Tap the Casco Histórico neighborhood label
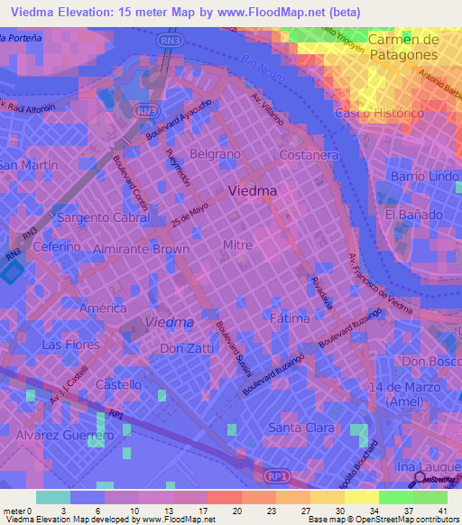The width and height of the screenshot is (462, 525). pyautogui.click(x=379, y=114)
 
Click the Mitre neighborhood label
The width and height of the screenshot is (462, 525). pyautogui.click(x=236, y=244)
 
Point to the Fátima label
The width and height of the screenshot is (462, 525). pyautogui.click(x=290, y=318)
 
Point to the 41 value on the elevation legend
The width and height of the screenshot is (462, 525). pyautogui.click(x=441, y=511)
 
